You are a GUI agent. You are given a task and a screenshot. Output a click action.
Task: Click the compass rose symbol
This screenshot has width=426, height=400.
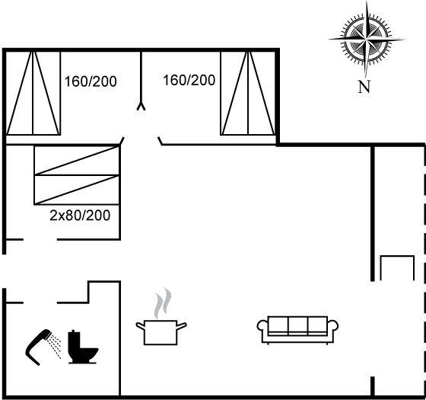(367, 40)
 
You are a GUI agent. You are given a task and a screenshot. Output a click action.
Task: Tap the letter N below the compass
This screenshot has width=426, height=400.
(364, 87)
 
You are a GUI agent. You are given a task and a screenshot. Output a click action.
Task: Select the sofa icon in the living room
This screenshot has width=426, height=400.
(297, 330)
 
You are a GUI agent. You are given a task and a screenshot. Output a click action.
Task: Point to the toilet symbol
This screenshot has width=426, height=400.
(82, 347)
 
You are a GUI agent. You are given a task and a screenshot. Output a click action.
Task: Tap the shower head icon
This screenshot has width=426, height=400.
(43, 347)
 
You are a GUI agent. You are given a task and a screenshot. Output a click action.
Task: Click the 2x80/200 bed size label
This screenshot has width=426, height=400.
(80, 215)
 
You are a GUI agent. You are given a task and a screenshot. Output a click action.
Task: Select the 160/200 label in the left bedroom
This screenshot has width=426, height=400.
(91, 82)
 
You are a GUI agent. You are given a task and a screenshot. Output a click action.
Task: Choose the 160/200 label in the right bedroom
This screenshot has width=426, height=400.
(189, 80)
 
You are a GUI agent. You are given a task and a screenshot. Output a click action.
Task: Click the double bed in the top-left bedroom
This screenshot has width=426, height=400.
(33, 93)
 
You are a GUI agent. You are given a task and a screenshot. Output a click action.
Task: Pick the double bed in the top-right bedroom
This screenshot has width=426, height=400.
(248, 93)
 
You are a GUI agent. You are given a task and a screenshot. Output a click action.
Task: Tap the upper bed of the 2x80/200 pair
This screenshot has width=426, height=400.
(77, 161)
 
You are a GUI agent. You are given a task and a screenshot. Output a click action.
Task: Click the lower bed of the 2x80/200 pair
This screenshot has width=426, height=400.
(77, 190)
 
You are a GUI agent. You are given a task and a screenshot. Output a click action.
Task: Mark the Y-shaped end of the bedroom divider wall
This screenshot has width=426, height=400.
(141, 106)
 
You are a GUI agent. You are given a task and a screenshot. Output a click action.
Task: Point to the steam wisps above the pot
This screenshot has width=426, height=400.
(163, 302)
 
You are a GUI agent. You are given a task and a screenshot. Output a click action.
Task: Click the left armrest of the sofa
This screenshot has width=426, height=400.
(262, 326)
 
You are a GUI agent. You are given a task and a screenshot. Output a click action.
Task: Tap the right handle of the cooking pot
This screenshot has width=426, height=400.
(182, 325)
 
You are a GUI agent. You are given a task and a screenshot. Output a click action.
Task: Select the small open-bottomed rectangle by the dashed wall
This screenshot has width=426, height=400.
(397, 267)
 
